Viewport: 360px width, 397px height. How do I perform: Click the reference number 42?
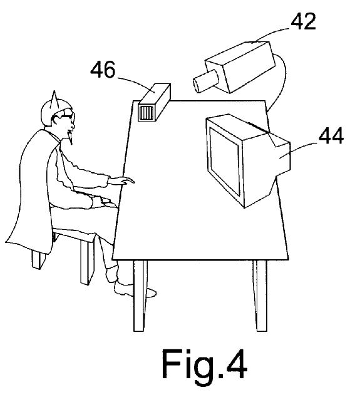(303, 21)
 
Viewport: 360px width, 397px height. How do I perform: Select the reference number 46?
(103, 70)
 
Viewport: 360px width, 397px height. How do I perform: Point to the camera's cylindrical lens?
(205, 81)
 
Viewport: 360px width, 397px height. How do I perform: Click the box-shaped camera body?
(240, 66)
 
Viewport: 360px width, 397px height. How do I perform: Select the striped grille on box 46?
(146, 113)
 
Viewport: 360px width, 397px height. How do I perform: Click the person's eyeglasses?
(65, 117)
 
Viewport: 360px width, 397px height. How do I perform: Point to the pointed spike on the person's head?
(54, 99)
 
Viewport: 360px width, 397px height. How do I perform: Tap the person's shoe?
(134, 289)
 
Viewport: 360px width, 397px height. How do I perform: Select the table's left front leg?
(140, 296)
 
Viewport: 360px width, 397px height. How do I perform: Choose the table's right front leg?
(260, 296)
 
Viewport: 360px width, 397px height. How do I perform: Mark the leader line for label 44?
(298, 150)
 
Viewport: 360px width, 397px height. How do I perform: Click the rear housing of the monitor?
(266, 162)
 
